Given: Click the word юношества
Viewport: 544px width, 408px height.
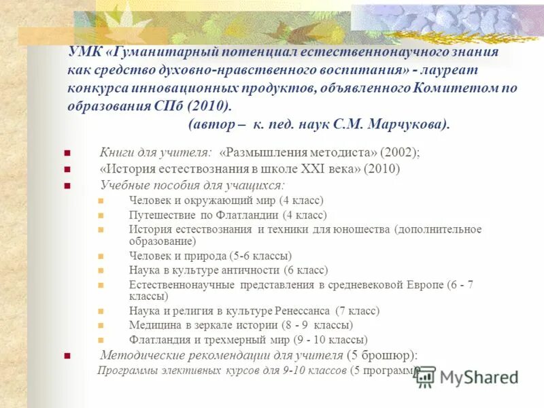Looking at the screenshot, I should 360,229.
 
